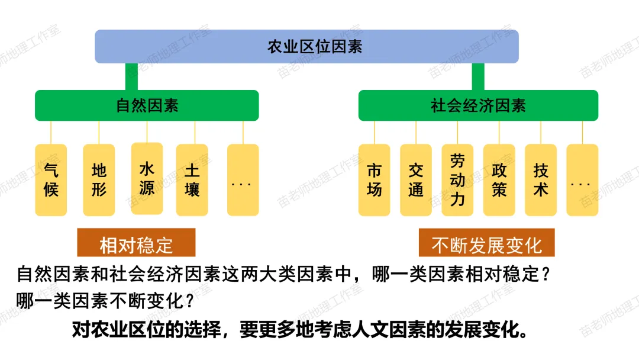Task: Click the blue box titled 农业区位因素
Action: (x=306, y=46)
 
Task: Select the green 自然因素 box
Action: (x=147, y=105)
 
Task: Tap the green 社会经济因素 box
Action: (x=478, y=105)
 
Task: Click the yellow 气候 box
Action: (x=51, y=180)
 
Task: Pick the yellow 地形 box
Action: (x=99, y=180)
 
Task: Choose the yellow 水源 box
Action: (x=147, y=178)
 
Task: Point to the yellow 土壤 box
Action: (x=192, y=180)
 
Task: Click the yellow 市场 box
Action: (x=374, y=180)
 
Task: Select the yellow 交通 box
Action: (x=415, y=180)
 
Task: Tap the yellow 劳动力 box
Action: (x=457, y=180)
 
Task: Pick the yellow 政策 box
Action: (x=499, y=180)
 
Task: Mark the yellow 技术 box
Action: (x=540, y=180)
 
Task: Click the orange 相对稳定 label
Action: (x=136, y=243)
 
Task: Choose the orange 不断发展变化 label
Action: (x=486, y=243)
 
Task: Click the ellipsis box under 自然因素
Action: (x=243, y=180)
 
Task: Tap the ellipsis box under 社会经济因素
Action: (x=582, y=180)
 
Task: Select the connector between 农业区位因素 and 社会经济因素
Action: (x=477, y=76)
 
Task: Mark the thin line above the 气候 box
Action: (x=51, y=132)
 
